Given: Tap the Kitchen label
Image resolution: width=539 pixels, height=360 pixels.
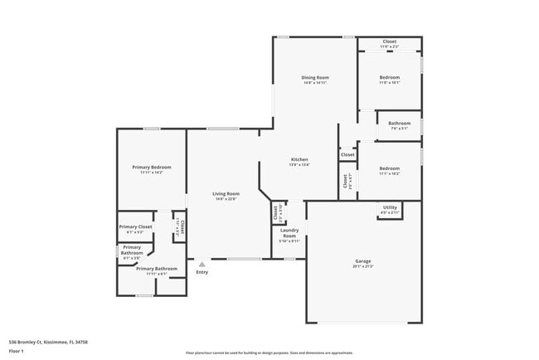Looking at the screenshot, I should (299, 159).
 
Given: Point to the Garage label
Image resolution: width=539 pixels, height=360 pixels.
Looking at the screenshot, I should (363, 261).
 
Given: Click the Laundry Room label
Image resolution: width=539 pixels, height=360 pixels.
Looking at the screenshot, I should (289, 233).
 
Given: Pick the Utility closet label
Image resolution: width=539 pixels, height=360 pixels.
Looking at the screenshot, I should (390, 207).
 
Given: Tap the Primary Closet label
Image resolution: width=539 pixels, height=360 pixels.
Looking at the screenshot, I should (135, 226).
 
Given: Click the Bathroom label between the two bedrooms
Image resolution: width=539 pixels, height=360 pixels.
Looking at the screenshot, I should (400, 123).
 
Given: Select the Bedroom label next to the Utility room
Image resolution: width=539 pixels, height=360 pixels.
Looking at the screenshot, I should (390, 168).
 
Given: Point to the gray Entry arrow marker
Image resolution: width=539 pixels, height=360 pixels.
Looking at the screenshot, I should (201, 264).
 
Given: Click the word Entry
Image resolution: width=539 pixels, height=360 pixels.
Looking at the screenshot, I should (202, 272).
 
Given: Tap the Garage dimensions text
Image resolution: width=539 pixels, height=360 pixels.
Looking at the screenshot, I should (363, 266).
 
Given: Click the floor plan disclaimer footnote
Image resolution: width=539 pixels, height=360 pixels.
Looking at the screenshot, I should (269, 352).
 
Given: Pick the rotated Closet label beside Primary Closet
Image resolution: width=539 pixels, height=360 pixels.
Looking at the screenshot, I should (177, 226).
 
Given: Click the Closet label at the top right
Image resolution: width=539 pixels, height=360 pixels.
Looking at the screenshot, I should (389, 41).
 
